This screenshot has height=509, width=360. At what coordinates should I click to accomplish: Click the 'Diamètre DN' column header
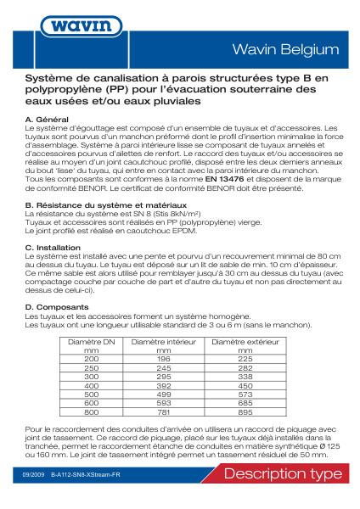pos(91,341)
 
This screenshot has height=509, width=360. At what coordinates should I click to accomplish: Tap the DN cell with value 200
pos(91,358)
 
